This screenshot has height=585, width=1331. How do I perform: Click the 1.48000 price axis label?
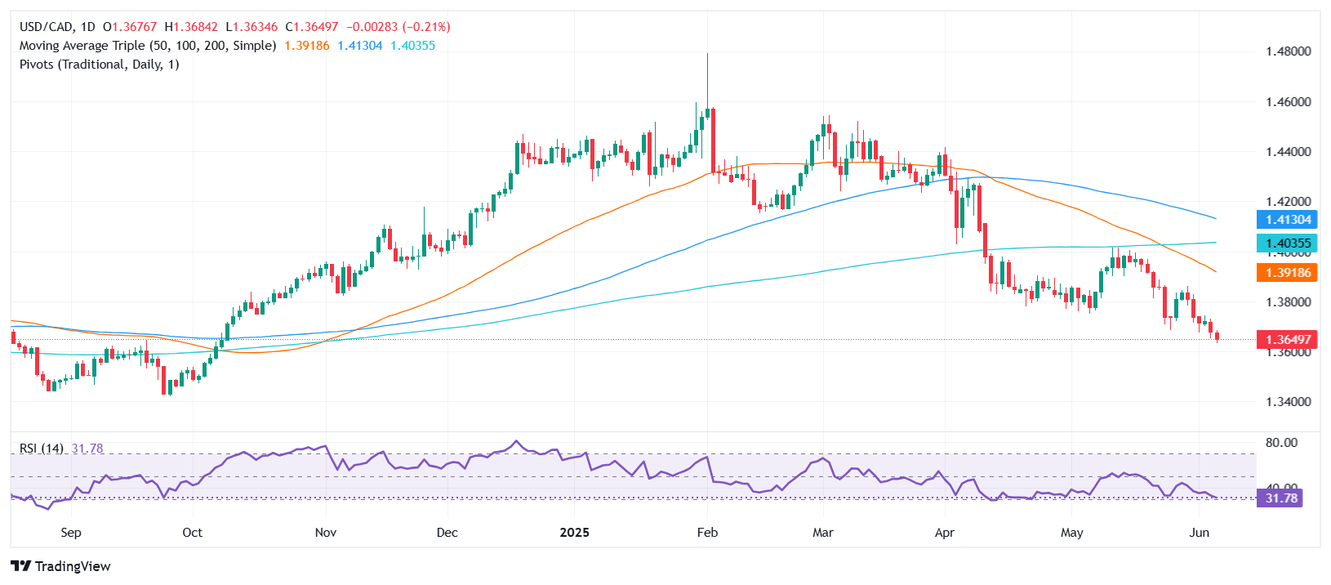click(1288, 51)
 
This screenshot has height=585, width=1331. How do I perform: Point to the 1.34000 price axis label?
click(1288, 402)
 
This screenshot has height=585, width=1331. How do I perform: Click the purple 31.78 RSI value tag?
click(1280, 498)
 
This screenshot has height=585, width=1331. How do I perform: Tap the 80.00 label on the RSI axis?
click(1280, 443)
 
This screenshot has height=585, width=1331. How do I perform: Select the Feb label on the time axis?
click(707, 533)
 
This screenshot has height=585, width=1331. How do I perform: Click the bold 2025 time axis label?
click(574, 533)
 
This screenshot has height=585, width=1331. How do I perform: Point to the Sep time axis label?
click(71, 533)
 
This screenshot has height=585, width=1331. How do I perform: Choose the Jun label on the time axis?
click(1199, 533)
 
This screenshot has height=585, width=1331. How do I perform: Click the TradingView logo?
click(61, 566)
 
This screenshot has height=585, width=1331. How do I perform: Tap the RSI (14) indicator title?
click(42, 449)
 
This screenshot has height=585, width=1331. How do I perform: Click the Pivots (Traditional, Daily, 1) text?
click(99, 65)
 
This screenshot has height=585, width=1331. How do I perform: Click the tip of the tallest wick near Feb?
click(707, 54)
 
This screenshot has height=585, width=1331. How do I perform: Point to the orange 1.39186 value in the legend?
click(307, 46)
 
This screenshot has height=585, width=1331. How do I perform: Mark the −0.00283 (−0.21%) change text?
click(398, 27)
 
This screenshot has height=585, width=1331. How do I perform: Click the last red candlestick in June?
click(1217, 336)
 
